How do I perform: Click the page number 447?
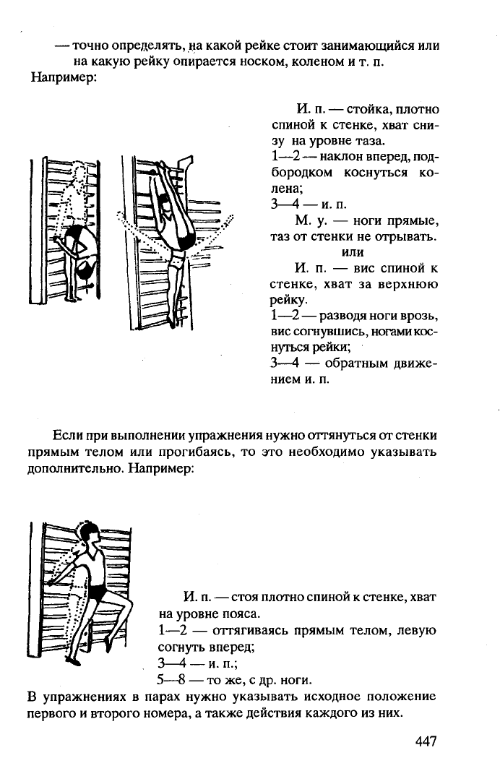tap(426, 741)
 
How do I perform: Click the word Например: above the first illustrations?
tap(64, 78)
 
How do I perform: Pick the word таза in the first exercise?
tap(368, 141)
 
